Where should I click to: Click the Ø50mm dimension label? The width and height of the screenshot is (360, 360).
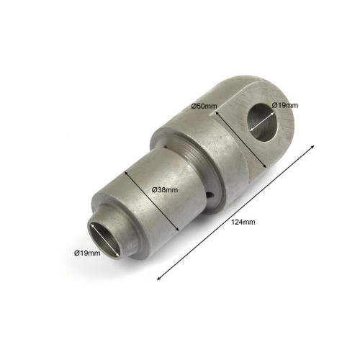click(x=204, y=106)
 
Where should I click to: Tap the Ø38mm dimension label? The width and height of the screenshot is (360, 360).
click(x=165, y=190)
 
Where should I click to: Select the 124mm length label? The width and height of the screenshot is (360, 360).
click(x=243, y=222)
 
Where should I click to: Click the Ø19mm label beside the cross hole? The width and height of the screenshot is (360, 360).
click(x=285, y=105)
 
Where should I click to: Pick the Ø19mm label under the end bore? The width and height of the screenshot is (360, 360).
click(x=87, y=253)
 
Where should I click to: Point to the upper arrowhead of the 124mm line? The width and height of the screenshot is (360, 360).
click(x=312, y=147)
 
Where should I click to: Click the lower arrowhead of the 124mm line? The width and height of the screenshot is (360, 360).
click(x=159, y=278)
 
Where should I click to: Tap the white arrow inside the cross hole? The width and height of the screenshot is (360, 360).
click(x=262, y=121)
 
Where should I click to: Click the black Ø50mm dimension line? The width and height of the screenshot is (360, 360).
click(x=240, y=139)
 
